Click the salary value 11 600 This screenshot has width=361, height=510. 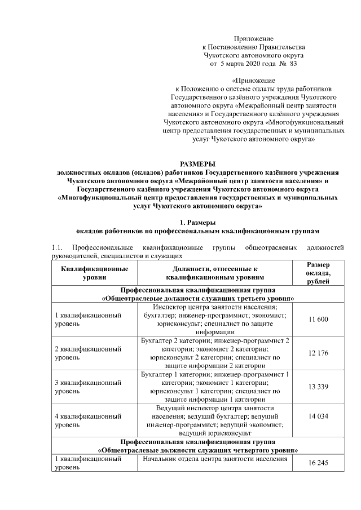pos(319,320)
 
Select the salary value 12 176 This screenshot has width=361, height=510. pos(319,353)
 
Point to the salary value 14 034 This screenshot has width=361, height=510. pos(319,416)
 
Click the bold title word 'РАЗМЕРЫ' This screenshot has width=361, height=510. pos(197,163)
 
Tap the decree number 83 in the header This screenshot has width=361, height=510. pos(293,65)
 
